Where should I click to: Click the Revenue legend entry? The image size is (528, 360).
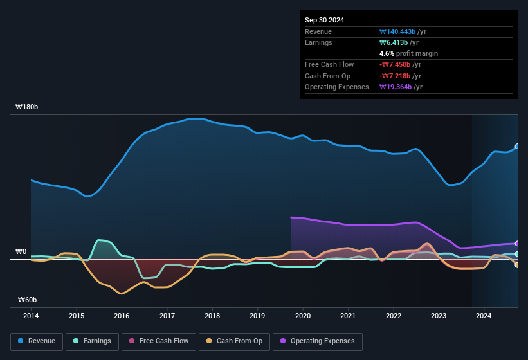click(x=37, y=341)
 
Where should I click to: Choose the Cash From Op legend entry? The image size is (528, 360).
click(x=235, y=341)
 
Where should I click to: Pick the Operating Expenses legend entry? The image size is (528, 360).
click(x=318, y=341)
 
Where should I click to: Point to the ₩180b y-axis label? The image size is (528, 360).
click(x=27, y=107)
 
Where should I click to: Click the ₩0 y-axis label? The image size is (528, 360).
click(x=21, y=251)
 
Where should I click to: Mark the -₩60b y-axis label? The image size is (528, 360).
click(x=27, y=300)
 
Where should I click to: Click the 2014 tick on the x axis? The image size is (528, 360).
click(x=31, y=316)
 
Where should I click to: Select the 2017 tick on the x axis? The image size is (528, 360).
click(x=167, y=316)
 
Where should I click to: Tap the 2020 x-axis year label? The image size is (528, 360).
click(x=303, y=316)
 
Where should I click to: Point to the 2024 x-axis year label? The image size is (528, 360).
click(x=484, y=316)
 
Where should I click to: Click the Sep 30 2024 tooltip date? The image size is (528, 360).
click(x=325, y=20)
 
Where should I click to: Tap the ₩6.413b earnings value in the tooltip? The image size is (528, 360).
click(x=394, y=42)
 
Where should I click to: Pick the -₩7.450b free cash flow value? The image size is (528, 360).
click(x=398, y=64)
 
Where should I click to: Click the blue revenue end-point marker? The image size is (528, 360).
click(x=517, y=147)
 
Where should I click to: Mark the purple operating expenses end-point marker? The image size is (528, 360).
click(x=517, y=244)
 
